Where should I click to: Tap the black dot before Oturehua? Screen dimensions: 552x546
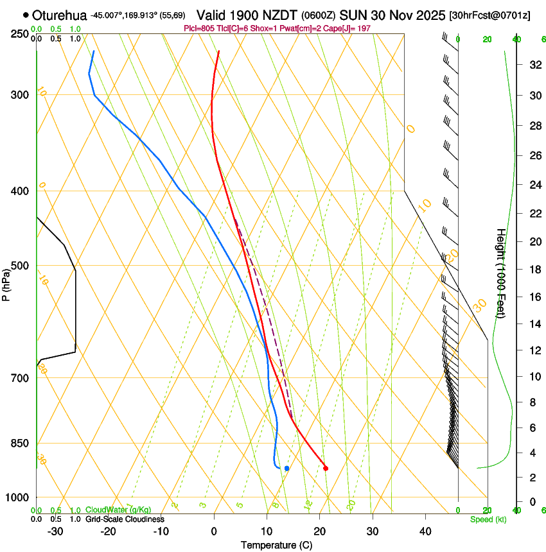tap(26, 15)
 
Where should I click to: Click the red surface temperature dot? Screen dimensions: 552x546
tap(326, 468)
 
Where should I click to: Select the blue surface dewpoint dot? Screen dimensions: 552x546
tap(286, 468)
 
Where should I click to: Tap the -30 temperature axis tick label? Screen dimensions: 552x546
tap(55, 531)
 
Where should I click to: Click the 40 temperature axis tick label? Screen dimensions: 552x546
tap(425, 531)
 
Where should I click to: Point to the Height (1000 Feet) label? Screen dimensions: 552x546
tap(502, 273)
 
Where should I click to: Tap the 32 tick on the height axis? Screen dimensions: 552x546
tap(533, 65)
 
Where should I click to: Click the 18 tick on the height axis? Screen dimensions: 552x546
tap(533, 269)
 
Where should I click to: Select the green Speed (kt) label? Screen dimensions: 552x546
tap(488, 519)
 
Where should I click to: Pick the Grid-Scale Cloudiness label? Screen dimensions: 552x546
tap(125, 519)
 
